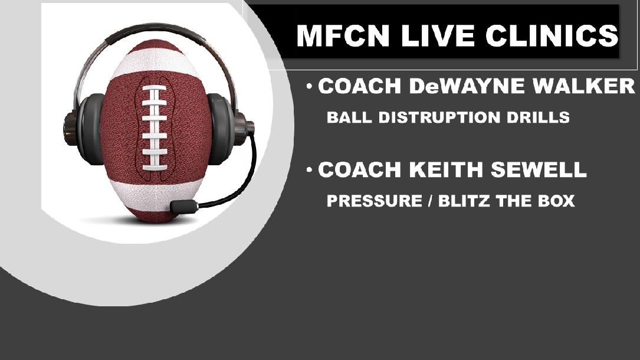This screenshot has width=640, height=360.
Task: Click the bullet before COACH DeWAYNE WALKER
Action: pos(310,87)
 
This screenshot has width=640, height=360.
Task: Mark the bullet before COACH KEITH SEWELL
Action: pos(310,171)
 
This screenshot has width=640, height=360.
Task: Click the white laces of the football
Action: pos(154,127)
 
